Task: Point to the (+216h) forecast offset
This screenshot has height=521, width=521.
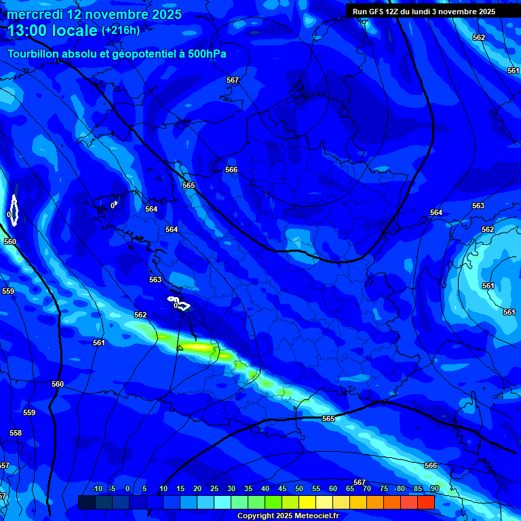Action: coord(121,31)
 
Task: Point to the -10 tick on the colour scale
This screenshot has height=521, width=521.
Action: coord(96,489)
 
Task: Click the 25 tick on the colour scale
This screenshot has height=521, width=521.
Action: coord(214,489)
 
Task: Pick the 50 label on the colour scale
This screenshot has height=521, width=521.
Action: coord(299,489)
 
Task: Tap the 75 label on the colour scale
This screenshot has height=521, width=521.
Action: coord(384,489)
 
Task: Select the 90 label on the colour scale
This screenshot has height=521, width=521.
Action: coord(434,489)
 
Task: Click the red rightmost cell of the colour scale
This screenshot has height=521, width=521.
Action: coord(426,502)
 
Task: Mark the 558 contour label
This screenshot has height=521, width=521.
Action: coord(16,433)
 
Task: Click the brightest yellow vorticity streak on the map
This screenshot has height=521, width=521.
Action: coord(199,347)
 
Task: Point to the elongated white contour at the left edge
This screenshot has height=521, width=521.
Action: coord(14,210)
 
